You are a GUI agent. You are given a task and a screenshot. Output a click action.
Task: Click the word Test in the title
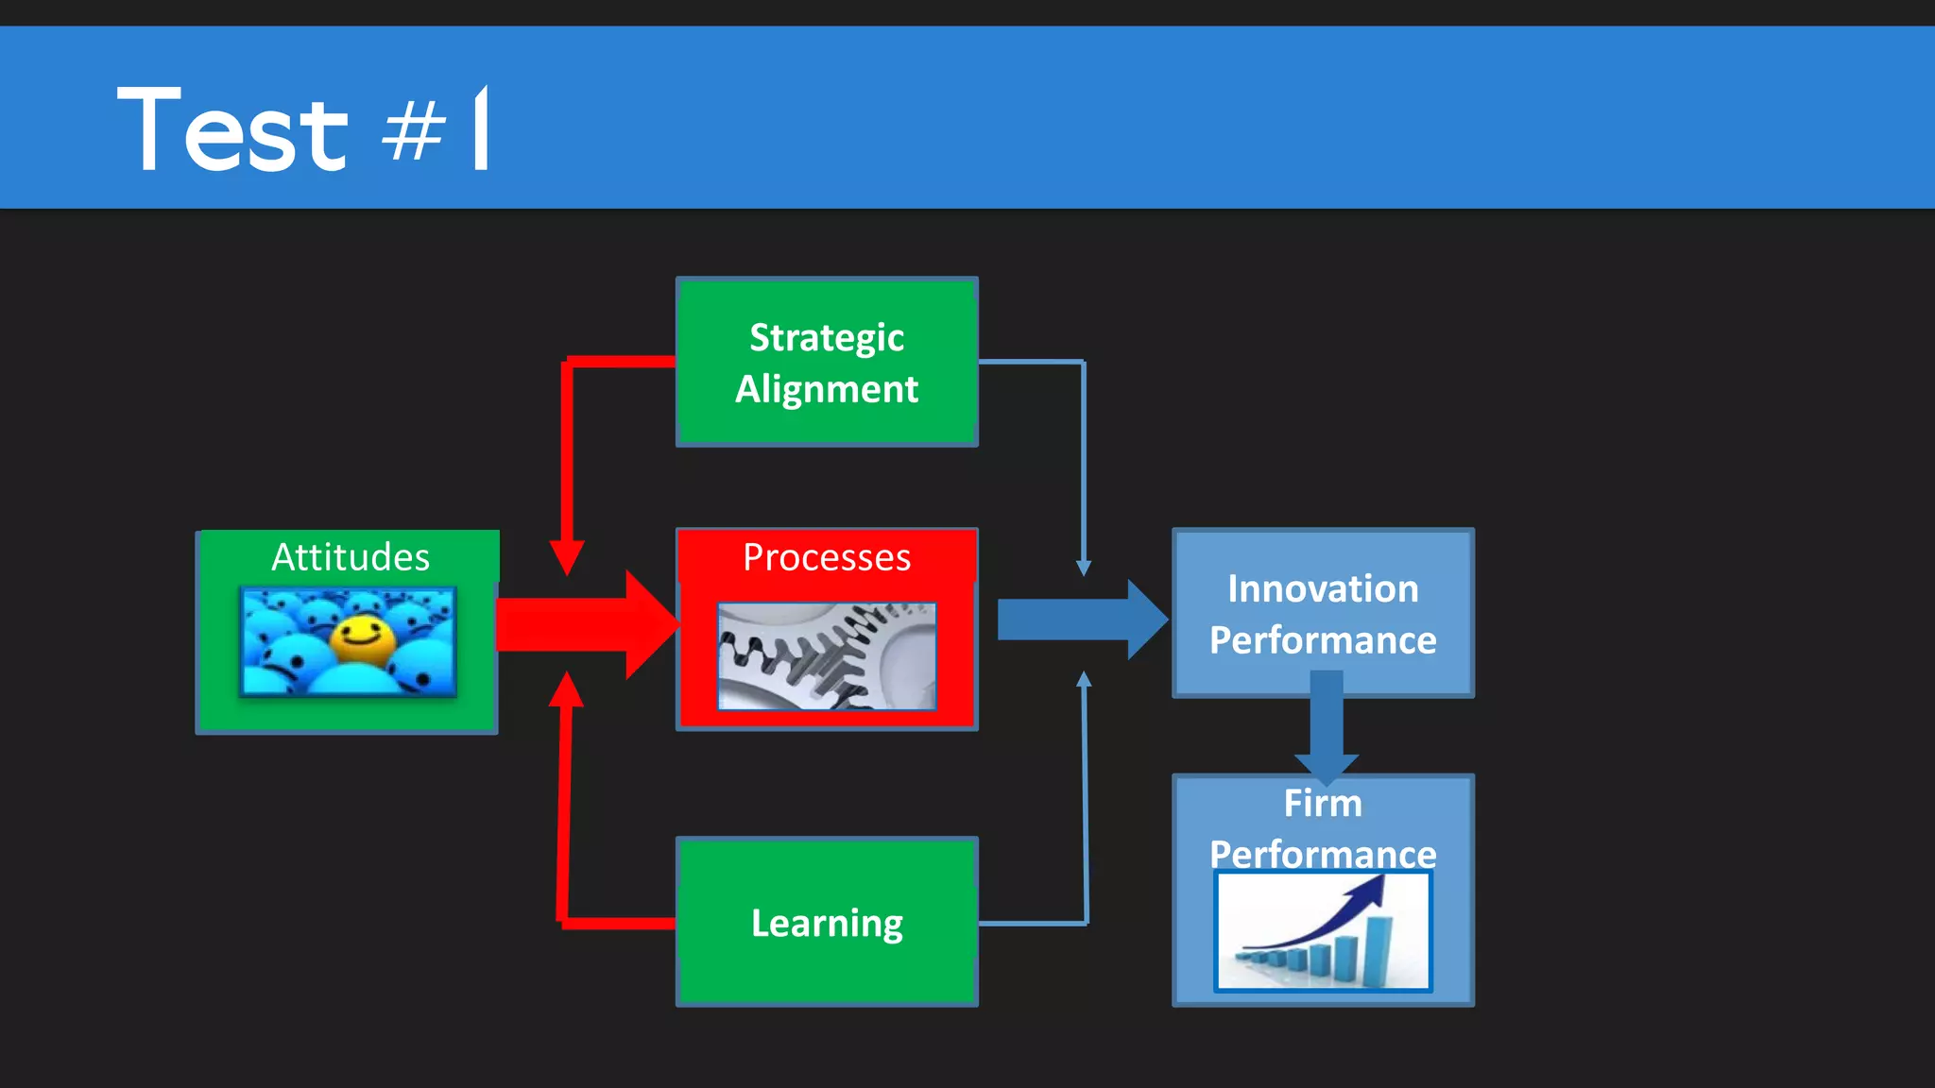pyautogui.click(x=232, y=129)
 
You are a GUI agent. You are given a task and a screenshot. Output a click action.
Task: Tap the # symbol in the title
pyautogui.click(x=413, y=132)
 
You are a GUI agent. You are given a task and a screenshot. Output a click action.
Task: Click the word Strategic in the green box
pyautogui.click(x=827, y=337)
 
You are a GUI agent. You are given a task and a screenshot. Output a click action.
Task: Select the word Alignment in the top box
pyautogui.click(x=827, y=389)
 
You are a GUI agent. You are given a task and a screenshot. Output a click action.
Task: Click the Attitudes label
pyautogui.click(x=351, y=557)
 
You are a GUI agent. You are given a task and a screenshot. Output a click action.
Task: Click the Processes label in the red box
pyautogui.click(x=827, y=557)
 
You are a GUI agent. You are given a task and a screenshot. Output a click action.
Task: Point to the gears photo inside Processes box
pyautogui.click(x=827, y=656)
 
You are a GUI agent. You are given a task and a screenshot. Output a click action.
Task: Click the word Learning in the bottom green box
pyautogui.click(x=827, y=923)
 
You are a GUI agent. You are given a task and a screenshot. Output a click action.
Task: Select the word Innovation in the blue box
pyautogui.click(x=1323, y=588)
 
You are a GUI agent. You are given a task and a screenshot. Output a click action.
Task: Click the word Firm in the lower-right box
pyautogui.click(x=1323, y=804)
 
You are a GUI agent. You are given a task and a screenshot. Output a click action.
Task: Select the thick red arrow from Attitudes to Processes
pyautogui.click(x=586, y=624)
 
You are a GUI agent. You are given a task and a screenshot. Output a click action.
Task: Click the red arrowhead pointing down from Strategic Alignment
pyautogui.click(x=567, y=557)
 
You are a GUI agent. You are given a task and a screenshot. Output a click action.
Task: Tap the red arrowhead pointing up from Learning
pyautogui.click(x=566, y=689)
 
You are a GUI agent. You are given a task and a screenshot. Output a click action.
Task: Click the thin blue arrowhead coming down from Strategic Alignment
pyautogui.click(x=1084, y=568)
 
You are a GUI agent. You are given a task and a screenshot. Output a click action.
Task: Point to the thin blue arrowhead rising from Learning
pyautogui.click(x=1085, y=679)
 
